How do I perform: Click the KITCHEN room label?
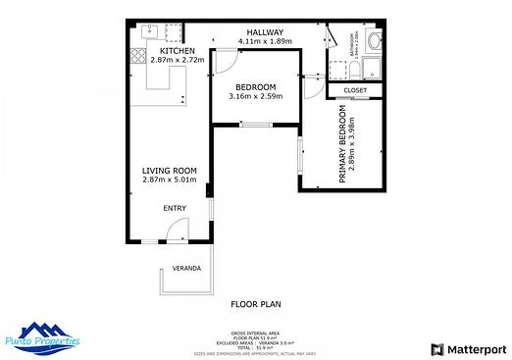pyautogui.click(x=177, y=51)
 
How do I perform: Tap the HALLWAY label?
pyautogui.click(x=264, y=31)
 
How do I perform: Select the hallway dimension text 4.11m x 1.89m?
pyautogui.click(x=264, y=41)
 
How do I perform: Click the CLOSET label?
pyautogui.click(x=355, y=90)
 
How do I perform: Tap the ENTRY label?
pyautogui.click(x=174, y=208)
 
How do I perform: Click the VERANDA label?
pyautogui.click(x=186, y=268)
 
